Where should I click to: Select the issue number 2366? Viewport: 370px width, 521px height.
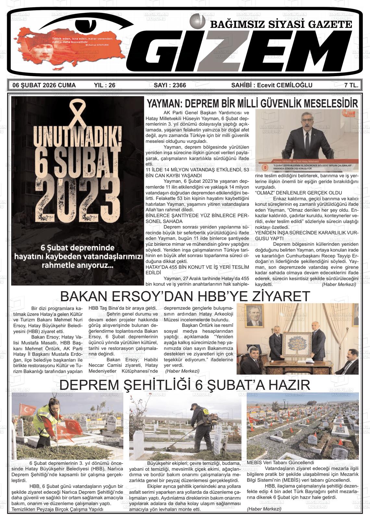point(170,85)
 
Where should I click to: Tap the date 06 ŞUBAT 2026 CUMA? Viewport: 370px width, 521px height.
point(44,85)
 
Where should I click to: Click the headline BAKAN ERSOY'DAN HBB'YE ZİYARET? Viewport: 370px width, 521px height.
point(185,296)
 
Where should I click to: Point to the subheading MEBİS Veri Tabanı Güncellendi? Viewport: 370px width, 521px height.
point(280,463)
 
